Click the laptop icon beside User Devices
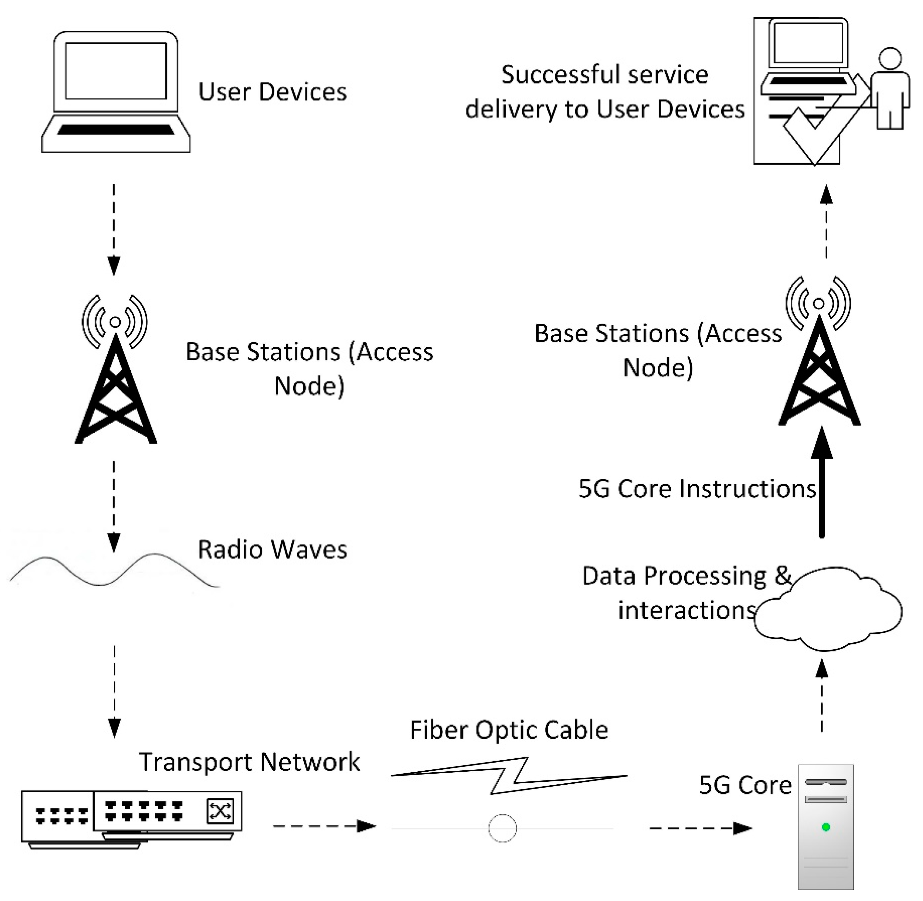116,92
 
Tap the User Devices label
272,92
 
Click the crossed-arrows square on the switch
220,811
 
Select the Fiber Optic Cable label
509,730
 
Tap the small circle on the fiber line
502,828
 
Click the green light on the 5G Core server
826,827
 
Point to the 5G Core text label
745,785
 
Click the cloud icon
828,611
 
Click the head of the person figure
890,59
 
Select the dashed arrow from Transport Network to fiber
324,826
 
